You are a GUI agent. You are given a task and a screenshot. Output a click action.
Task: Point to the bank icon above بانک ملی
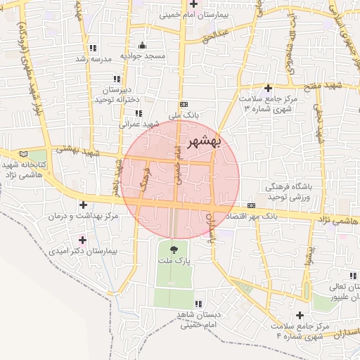coord(184,103)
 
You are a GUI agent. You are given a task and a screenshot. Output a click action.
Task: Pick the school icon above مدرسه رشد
coord(93,48)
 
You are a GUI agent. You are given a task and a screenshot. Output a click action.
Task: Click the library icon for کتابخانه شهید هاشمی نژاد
coord(25,154)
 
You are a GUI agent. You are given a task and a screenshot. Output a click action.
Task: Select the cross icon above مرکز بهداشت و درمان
coord(84,205)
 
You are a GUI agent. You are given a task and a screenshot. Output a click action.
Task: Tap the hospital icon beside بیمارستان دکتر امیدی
coord(82,240)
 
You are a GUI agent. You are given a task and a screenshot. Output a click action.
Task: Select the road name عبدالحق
coord(215,34)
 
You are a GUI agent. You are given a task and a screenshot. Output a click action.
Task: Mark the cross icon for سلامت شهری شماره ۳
coord(267,88)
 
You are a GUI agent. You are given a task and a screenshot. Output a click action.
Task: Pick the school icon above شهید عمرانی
coord(139,112)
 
